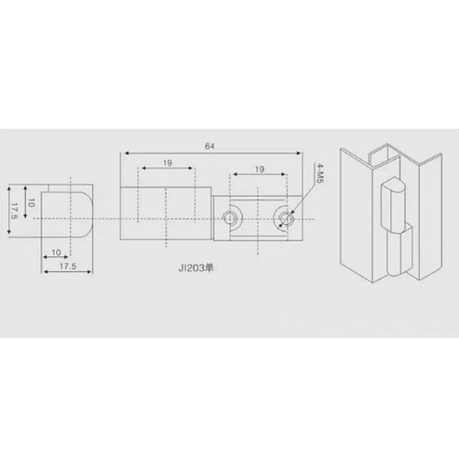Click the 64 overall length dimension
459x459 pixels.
pyautogui.click(x=209, y=146)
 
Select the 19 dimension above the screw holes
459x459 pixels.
pyautogui.click(x=259, y=169)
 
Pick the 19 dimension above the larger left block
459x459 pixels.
pyautogui.click(x=167, y=163)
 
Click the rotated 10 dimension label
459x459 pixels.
pyautogui.click(x=30, y=202)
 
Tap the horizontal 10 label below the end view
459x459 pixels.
pyautogui.click(x=56, y=252)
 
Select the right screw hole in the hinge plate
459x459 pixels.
pyautogui.click(x=285, y=218)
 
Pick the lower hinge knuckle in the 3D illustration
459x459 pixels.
pyautogui.click(x=396, y=255)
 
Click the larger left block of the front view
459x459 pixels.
pyautogui.click(x=166, y=213)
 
